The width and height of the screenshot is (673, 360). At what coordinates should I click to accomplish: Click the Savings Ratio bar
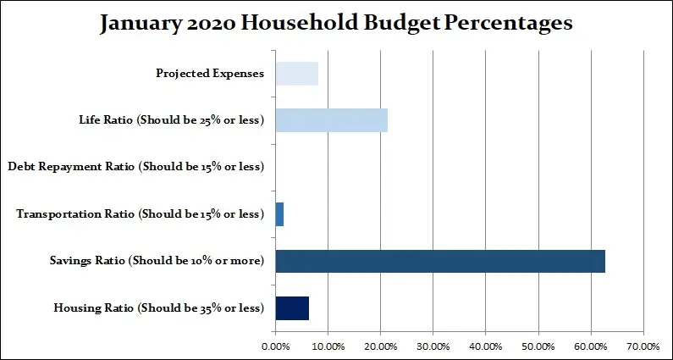440,261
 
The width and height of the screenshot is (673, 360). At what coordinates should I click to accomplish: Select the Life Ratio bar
331,120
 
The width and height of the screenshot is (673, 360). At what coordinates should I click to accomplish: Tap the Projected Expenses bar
296,74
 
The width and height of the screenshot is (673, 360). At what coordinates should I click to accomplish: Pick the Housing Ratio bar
292,307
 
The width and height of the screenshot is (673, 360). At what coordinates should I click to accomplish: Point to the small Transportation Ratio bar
279,214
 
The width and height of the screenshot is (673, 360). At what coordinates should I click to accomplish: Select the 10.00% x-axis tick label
328,346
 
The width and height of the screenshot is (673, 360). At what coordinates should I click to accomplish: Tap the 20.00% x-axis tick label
380,346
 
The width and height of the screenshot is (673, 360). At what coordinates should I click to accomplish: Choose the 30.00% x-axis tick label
433,346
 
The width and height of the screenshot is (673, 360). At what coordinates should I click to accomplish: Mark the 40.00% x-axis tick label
485,346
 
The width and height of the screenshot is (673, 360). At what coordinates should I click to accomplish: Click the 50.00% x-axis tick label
538,346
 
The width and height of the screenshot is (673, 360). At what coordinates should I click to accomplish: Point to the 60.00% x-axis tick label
590,346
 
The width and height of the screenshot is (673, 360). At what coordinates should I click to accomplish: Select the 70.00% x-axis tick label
643,346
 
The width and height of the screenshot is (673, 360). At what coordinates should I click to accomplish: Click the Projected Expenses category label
210,74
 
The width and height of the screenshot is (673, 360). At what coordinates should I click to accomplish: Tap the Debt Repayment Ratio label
135,167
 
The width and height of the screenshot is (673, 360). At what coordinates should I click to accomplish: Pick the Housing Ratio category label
158,307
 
